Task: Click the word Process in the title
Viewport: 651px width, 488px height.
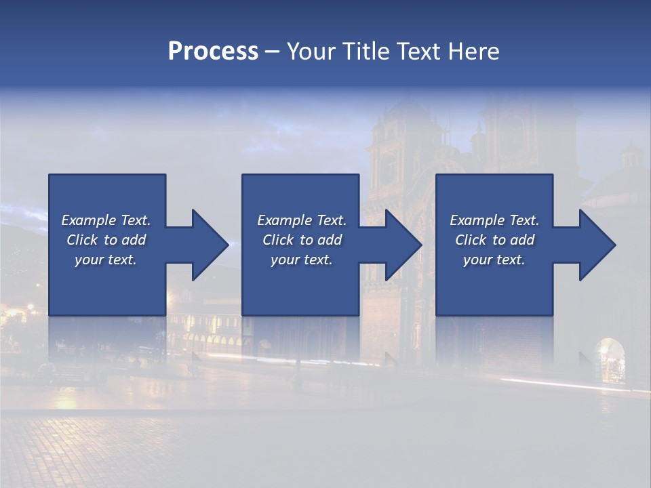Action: tap(213, 52)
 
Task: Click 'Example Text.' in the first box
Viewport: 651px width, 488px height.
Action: tap(106, 220)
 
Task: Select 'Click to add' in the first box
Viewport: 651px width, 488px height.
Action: tap(106, 240)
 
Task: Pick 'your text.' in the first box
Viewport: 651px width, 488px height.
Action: tap(106, 260)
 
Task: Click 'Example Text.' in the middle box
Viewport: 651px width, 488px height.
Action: tap(301, 220)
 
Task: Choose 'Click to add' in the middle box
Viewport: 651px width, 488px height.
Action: tap(301, 240)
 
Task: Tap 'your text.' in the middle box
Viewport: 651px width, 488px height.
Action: tap(301, 260)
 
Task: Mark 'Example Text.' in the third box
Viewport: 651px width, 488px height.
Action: tap(494, 220)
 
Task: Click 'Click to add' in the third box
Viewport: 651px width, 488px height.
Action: tap(494, 240)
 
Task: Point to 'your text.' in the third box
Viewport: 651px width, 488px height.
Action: tap(494, 260)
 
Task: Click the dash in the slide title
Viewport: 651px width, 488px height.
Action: tap(272, 52)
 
